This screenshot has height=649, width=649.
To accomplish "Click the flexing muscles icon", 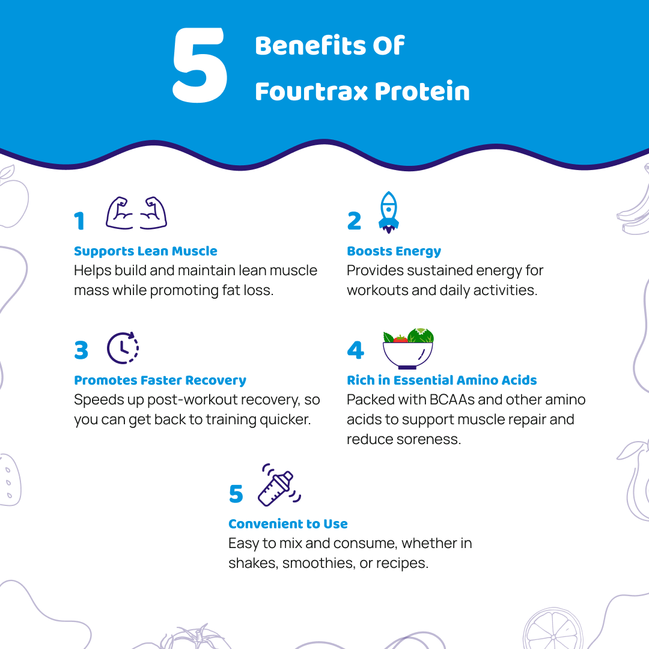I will click(136, 213).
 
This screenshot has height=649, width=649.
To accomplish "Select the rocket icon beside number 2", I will click(389, 213).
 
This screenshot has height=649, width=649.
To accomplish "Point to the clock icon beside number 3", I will click(123, 348).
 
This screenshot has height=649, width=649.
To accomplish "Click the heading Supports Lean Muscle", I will click(145, 251).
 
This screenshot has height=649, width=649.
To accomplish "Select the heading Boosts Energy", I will click(394, 251).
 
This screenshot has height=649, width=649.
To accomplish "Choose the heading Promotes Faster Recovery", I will click(160, 380).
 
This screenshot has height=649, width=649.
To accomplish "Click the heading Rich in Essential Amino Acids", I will click(442, 380).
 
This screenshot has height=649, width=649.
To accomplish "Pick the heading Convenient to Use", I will click(288, 524).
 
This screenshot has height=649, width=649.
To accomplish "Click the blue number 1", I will click(79, 222).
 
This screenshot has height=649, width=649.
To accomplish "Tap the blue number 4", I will click(355, 350).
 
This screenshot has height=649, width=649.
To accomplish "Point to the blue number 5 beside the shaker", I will click(236, 495).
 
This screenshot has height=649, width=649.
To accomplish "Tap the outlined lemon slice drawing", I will click(552, 629).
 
